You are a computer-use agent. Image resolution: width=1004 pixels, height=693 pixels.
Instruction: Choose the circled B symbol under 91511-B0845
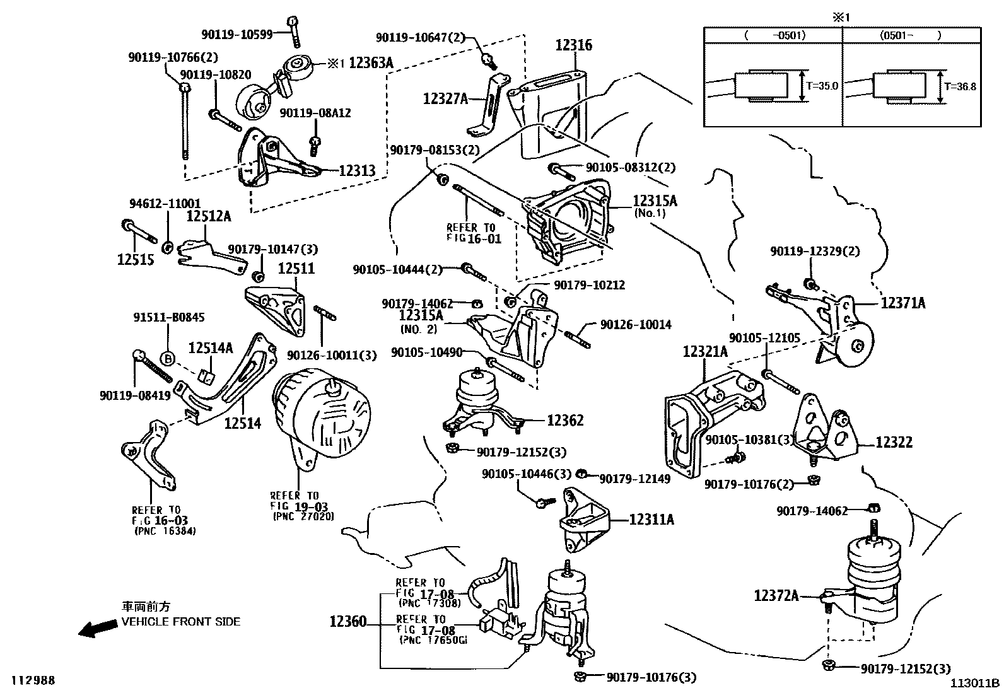(168, 359)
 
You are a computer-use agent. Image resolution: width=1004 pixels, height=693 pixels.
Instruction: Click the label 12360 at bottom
(347, 622)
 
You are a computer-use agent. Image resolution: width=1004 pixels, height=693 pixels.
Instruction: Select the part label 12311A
(651, 520)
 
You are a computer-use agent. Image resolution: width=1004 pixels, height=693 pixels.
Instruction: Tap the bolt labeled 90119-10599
(293, 31)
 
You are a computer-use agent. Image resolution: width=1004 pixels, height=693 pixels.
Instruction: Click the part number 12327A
(445, 99)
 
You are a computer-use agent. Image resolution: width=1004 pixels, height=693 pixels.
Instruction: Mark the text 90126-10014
(636, 325)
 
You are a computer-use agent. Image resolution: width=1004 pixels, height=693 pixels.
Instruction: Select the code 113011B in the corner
(976, 682)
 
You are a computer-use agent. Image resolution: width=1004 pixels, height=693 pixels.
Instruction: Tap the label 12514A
(211, 348)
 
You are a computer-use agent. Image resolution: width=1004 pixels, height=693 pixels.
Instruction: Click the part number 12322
(894, 443)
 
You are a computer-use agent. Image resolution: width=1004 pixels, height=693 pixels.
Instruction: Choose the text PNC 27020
(303, 516)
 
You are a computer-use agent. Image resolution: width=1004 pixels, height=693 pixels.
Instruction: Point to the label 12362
(564, 421)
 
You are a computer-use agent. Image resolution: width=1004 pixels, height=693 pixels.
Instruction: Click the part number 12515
(136, 260)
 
